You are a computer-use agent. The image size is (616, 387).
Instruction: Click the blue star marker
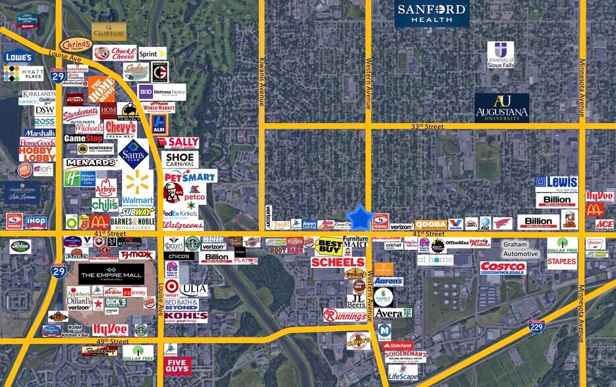[360, 217]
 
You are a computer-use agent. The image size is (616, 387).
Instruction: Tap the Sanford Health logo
[432, 14]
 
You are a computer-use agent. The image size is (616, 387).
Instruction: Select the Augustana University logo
[501, 107]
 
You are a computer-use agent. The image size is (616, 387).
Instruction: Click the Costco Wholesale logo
[503, 267]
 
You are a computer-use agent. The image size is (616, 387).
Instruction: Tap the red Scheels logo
[337, 262]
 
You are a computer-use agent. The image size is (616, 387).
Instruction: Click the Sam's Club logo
[134, 154]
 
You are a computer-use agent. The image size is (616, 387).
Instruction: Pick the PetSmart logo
[190, 176]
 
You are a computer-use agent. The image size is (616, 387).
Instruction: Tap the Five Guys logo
[177, 365]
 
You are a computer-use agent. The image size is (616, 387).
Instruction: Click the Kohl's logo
[185, 317]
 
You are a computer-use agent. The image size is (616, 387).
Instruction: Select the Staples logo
[561, 261]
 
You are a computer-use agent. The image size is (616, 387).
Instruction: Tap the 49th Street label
[110, 342]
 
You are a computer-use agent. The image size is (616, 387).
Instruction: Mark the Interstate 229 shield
[536, 326]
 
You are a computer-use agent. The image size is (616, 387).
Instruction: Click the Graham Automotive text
[520, 248]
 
